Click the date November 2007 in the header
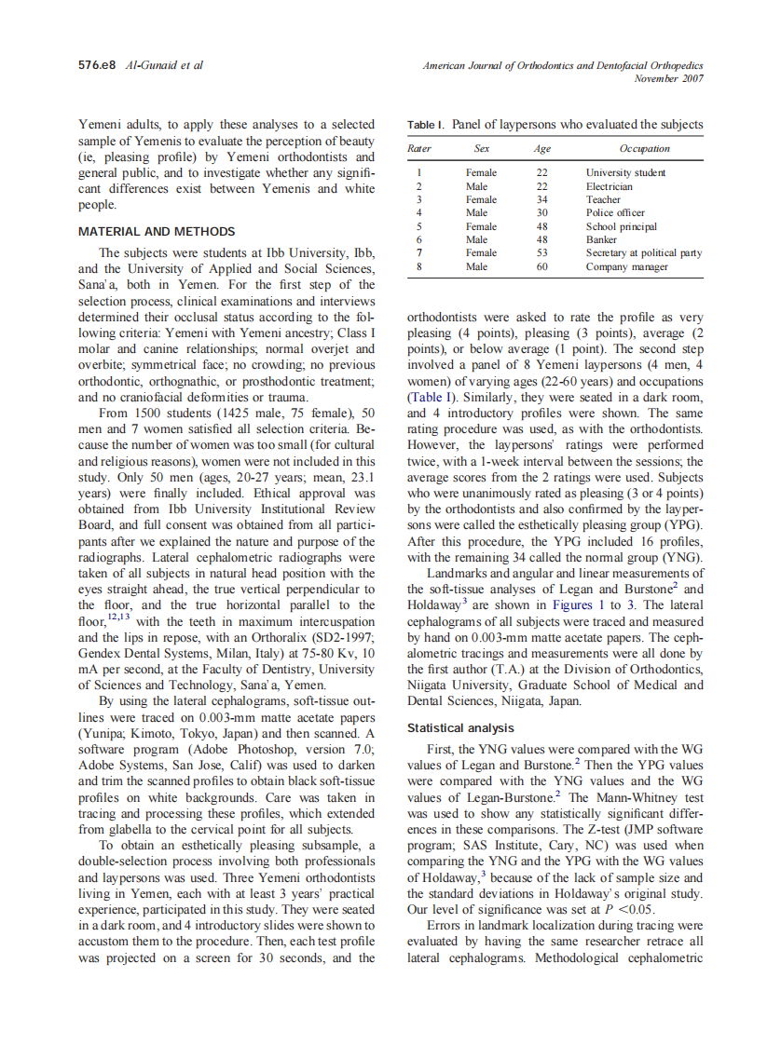[668, 78]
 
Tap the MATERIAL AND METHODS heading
[157, 231]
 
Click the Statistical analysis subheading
[460, 727]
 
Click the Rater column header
[419, 148]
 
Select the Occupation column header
[644, 148]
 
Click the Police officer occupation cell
[615, 212]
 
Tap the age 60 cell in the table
[541, 266]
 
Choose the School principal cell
[621, 226]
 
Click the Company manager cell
[626, 266]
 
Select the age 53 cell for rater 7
[541, 252]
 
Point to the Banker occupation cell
[601, 239]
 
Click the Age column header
[541, 148]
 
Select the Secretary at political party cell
[643, 252]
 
